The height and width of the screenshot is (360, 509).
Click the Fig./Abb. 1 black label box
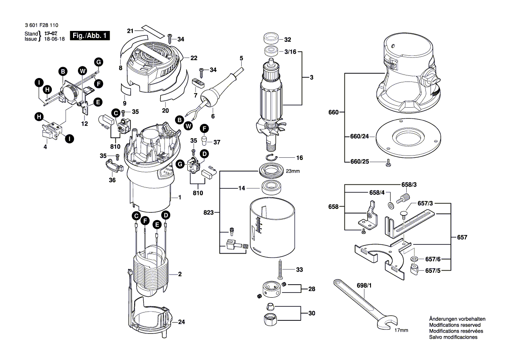(x=91, y=36)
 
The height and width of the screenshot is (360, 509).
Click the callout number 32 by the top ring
(x=287, y=40)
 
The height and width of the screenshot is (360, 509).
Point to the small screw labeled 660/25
(x=388, y=163)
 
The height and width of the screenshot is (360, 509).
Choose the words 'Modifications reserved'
(x=455, y=325)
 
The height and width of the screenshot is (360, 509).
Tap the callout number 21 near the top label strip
(x=130, y=31)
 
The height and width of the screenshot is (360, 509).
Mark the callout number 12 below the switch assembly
(x=84, y=124)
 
